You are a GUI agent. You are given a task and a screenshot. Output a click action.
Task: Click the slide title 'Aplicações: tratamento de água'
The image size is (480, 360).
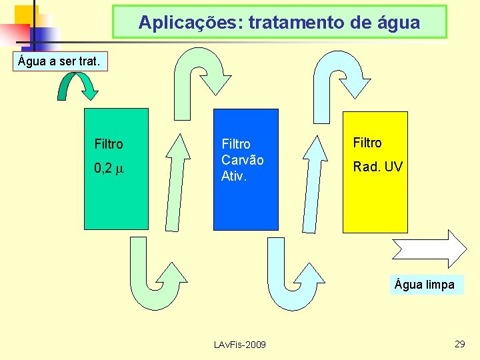click(x=279, y=23)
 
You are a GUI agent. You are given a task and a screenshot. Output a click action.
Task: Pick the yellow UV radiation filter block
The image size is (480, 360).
click(x=375, y=200)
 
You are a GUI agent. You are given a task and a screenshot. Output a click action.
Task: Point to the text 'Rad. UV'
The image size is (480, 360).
click(x=378, y=167)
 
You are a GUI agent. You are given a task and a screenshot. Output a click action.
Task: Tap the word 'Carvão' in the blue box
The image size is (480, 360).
click(x=243, y=160)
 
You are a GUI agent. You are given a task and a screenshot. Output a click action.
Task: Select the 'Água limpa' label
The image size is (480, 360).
click(x=425, y=285)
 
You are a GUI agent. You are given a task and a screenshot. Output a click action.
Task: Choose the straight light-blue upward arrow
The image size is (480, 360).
click(x=312, y=180)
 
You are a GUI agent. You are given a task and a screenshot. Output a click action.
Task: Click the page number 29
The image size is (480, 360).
click(x=459, y=343)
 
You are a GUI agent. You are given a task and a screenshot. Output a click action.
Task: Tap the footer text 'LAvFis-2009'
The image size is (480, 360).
click(x=239, y=345)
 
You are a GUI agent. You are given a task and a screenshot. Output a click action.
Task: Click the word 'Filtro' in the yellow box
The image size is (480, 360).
click(x=367, y=143)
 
